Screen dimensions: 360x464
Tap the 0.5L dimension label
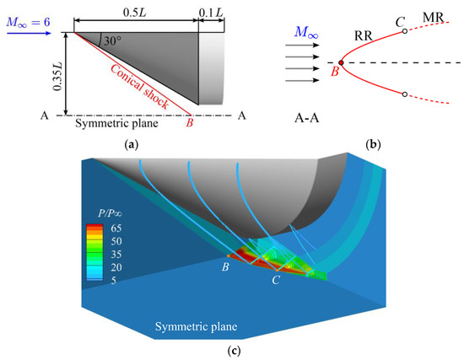(135, 8)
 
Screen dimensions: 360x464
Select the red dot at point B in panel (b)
(340, 62)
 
